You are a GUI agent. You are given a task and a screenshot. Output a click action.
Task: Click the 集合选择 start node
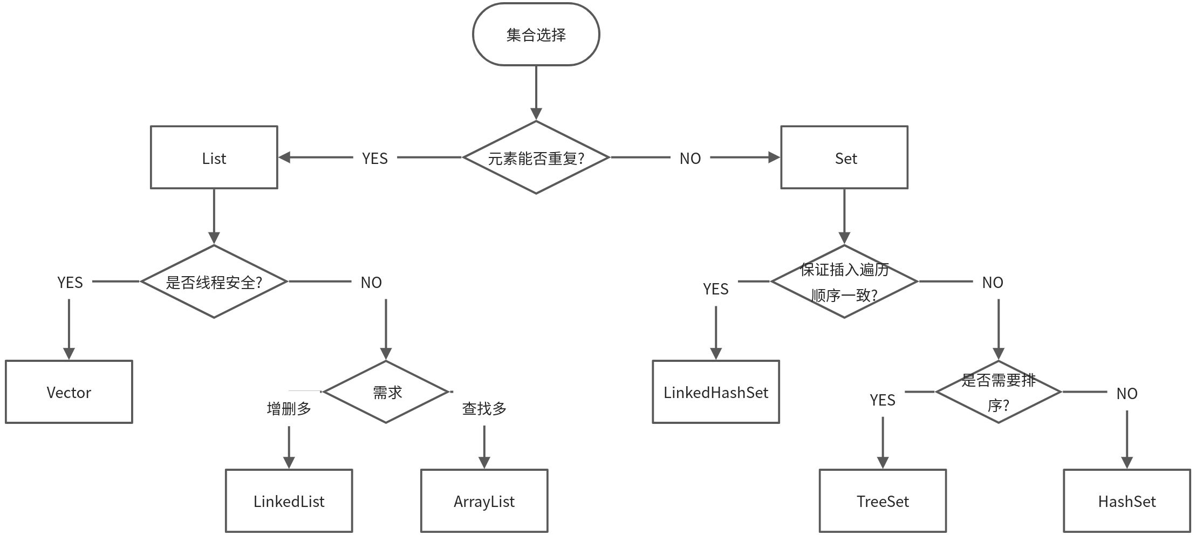(536, 35)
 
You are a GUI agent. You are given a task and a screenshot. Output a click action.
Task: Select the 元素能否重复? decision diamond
(536, 157)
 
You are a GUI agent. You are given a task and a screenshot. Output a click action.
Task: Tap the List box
(214, 157)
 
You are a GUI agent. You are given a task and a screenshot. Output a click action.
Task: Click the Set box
(844, 157)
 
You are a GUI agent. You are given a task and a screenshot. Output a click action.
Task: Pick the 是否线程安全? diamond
(214, 282)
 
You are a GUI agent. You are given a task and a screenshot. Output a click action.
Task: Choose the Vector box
(69, 392)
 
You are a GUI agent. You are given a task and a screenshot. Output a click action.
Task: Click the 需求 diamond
(386, 392)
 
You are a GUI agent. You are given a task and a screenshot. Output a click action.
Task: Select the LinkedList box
(289, 501)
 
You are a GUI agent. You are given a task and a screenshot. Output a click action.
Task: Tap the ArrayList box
(484, 501)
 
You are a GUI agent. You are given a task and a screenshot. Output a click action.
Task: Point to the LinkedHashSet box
(716, 392)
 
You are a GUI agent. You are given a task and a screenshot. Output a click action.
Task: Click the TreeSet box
(883, 501)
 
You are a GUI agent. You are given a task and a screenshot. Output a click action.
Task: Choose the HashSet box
(1127, 501)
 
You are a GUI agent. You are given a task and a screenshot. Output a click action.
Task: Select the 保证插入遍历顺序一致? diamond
(844, 282)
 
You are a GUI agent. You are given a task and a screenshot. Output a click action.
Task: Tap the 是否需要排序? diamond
(998, 392)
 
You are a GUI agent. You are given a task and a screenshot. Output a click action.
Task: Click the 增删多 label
(289, 408)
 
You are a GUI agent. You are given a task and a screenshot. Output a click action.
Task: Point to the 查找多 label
(484, 408)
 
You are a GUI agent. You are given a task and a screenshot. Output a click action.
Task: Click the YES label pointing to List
(375, 158)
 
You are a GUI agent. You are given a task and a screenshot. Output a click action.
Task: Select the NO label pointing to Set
(690, 158)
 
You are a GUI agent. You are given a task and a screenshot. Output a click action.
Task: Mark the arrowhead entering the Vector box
(69, 354)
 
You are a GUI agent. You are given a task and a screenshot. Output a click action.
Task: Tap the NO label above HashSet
(1127, 393)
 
